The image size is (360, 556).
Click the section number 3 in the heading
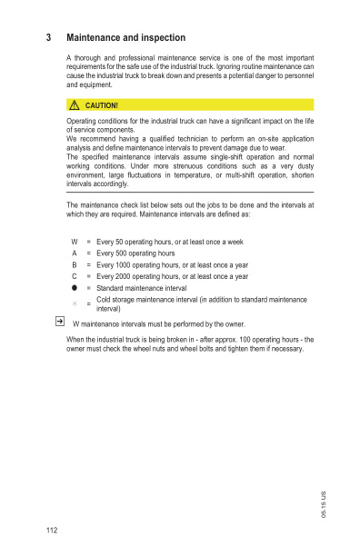[x=48, y=38]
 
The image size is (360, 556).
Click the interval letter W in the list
[x=75, y=242]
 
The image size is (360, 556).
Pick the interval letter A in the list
[x=75, y=253]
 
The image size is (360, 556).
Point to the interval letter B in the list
[x=75, y=264]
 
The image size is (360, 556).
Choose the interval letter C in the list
[x=75, y=276]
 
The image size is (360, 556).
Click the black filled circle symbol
[x=75, y=287]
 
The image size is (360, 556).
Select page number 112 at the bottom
[x=51, y=530]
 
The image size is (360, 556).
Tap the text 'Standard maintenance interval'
[x=141, y=287]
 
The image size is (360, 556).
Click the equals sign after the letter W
[x=88, y=242]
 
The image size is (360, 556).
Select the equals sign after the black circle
[x=88, y=287]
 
